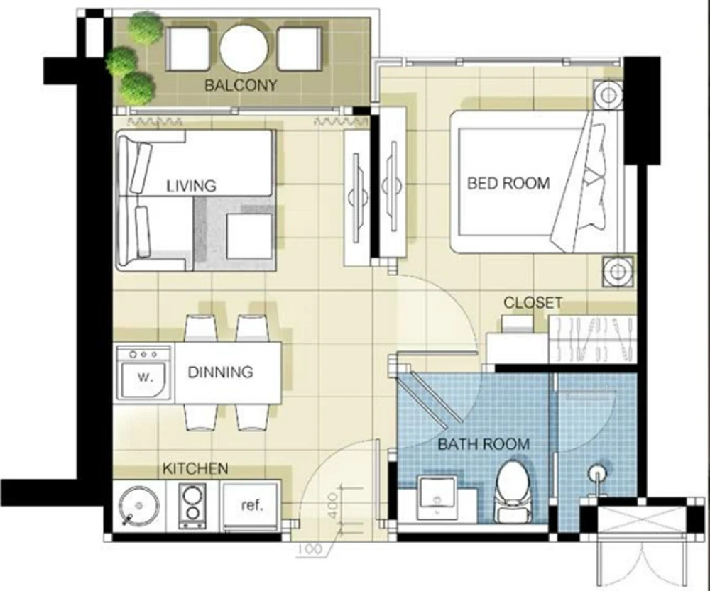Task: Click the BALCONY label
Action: pyautogui.click(x=241, y=85)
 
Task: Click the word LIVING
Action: pyautogui.click(x=191, y=186)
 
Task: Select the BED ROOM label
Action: pyautogui.click(x=508, y=183)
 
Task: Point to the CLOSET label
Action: pyautogui.click(x=533, y=302)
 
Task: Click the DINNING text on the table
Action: pyautogui.click(x=220, y=372)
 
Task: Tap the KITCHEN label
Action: pyautogui.click(x=195, y=468)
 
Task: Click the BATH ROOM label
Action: pyautogui.click(x=484, y=444)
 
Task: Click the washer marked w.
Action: pyautogui.click(x=144, y=373)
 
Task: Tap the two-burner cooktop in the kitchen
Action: pyautogui.click(x=193, y=505)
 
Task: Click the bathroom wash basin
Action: pyautogui.click(x=437, y=497)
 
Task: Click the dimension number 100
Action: pyautogui.click(x=311, y=549)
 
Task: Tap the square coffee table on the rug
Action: pyautogui.click(x=249, y=236)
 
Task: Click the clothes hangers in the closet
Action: pyautogui.click(x=593, y=339)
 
